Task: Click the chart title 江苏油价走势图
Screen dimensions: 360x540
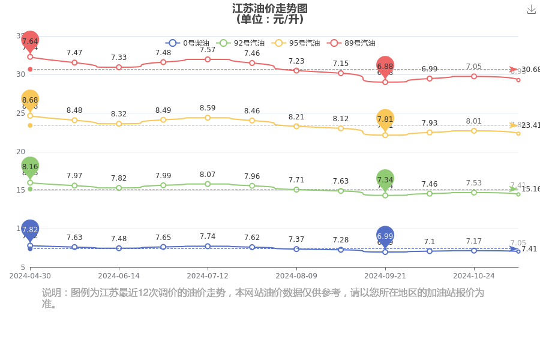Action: point(269,8)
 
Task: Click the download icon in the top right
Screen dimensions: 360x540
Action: point(531,10)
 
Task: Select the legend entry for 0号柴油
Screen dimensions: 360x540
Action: point(187,43)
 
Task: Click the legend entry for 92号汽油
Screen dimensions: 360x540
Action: point(240,43)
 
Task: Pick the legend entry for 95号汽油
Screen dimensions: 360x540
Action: point(293,43)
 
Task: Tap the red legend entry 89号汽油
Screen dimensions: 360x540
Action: point(351,43)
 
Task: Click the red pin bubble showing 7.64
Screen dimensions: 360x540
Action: point(30,41)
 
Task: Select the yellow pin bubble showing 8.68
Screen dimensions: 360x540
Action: point(30,100)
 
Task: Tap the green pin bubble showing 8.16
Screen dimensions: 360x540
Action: point(30,166)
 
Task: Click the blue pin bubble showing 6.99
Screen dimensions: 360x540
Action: point(385,236)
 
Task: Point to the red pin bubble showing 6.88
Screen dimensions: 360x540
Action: point(385,66)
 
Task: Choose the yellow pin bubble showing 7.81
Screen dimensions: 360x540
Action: point(385,119)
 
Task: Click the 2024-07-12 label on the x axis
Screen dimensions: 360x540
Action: point(208,276)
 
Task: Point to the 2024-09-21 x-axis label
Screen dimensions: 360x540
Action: point(385,276)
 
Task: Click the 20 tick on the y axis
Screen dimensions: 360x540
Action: point(20,152)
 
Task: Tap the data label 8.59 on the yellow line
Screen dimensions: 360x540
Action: point(208,108)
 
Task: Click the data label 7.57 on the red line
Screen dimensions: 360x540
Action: point(208,50)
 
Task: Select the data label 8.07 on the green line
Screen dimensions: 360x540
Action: point(208,175)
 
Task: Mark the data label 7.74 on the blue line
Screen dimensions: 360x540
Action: point(208,237)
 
